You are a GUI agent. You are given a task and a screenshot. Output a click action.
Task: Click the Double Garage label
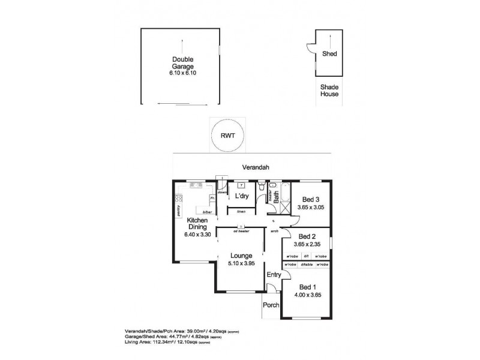(181, 62)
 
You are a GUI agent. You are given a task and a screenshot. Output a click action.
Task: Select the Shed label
(329, 53)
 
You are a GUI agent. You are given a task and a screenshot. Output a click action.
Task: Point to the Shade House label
(329, 91)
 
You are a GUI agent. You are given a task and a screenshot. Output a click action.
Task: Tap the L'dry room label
(242, 196)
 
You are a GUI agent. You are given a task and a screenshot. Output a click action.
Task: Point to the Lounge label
(240, 255)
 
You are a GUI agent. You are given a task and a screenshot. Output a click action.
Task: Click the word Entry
(274, 274)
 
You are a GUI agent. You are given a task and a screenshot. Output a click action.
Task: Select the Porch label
(271, 305)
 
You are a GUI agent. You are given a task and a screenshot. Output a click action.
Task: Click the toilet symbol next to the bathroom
(262, 190)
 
